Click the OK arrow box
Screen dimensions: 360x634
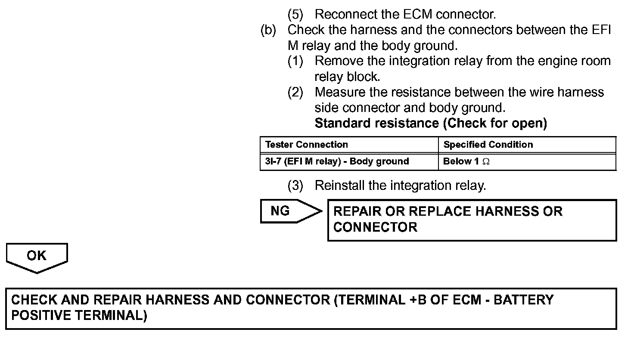click(37, 257)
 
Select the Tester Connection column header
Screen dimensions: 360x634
click(306, 145)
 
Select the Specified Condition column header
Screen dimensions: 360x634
click(488, 145)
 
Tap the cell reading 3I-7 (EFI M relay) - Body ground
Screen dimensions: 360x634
click(337, 161)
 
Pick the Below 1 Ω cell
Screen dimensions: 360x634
click(466, 161)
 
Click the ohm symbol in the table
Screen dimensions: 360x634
click(486, 162)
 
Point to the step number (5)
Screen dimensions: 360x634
click(295, 14)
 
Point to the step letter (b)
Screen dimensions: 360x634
click(268, 30)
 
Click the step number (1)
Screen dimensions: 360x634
click(295, 61)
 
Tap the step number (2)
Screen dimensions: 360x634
click(295, 92)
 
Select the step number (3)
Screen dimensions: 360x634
click(295, 186)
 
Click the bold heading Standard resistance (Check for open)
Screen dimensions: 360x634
click(431, 123)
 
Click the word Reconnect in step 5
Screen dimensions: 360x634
click(343, 14)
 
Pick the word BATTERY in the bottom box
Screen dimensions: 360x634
click(523, 300)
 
